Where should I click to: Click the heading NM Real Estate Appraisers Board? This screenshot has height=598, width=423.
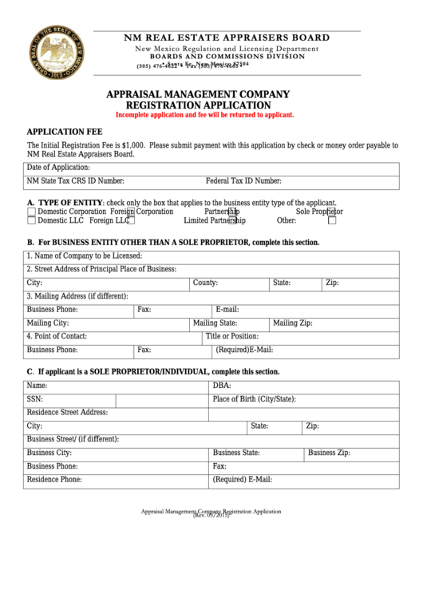(225, 38)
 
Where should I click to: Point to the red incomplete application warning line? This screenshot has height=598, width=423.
(205, 115)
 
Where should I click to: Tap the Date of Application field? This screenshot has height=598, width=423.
(239, 168)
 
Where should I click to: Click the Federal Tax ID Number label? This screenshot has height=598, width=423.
(243, 181)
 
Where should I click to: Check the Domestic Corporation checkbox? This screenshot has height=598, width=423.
(32, 212)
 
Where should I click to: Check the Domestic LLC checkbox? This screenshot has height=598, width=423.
(32, 221)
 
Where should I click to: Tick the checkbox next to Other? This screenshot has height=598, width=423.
(332, 221)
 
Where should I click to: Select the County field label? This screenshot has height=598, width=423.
(205, 283)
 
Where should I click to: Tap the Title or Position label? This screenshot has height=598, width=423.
(232, 336)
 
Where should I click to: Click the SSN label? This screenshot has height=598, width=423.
(35, 398)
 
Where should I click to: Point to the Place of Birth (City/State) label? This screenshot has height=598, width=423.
(254, 398)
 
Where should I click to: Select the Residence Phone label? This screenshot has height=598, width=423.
(54, 480)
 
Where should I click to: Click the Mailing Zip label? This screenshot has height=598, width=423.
(292, 323)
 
